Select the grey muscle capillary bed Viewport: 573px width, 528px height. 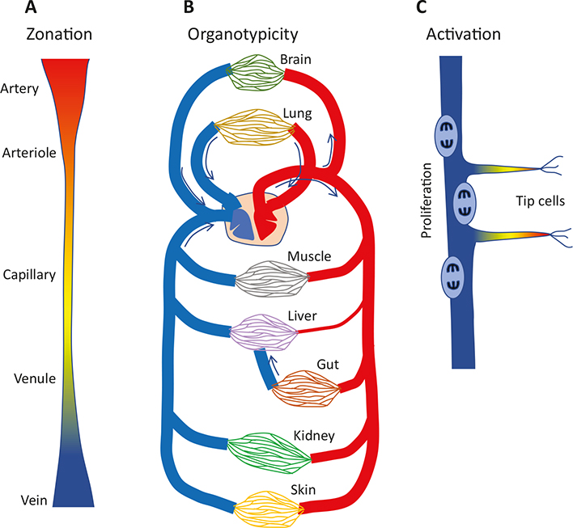[x=272, y=281]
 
